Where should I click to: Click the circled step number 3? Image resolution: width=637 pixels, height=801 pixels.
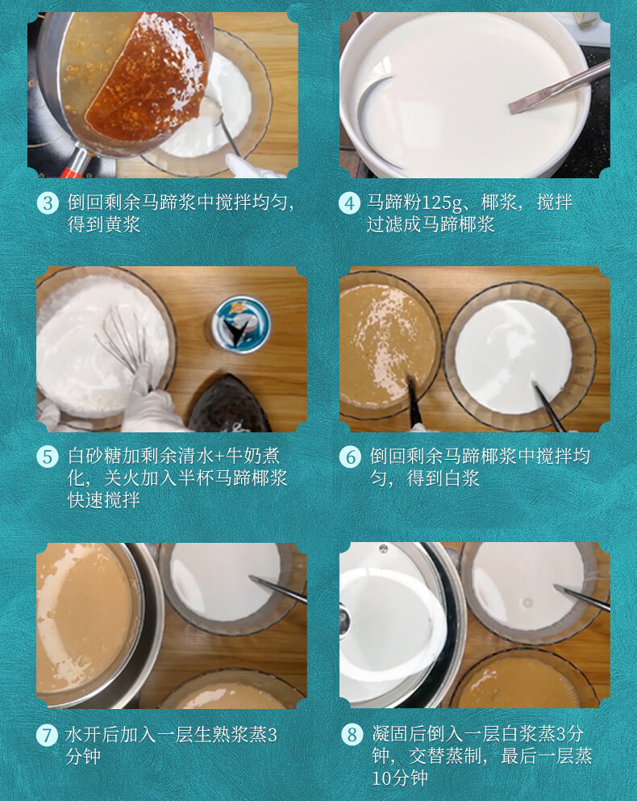coord(48,202)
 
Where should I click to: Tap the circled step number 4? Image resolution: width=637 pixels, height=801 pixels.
coord(349,202)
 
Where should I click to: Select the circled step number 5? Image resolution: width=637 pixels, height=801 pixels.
coord(48,457)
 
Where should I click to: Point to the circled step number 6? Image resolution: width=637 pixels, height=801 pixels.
coord(349,457)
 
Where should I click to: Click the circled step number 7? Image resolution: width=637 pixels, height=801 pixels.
coord(48,736)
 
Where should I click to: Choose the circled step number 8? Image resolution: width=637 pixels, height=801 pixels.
coord(351,736)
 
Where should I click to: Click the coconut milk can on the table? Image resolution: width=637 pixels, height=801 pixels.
coord(240,323)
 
